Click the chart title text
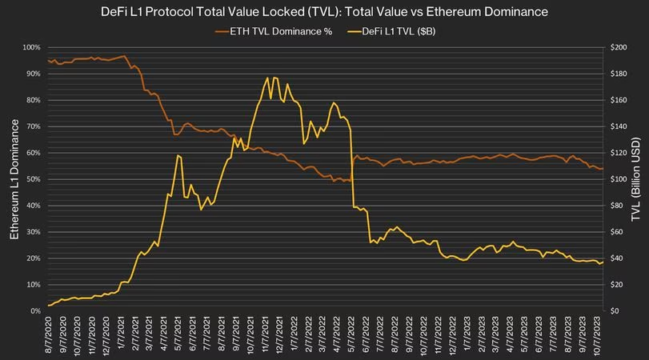[324, 12]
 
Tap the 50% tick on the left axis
[32, 179]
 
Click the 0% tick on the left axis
[34, 310]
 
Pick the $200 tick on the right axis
[619, 47]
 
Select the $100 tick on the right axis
[619, 179]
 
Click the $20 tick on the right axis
[617, 284]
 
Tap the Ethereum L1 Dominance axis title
[14, 178]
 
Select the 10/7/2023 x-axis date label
[598, 336]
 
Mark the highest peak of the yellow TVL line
[266, 78]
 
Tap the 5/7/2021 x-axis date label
[179, 336]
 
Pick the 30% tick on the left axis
[32, 232]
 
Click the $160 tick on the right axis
[619, 100]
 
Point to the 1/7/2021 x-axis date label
[122, 336]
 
